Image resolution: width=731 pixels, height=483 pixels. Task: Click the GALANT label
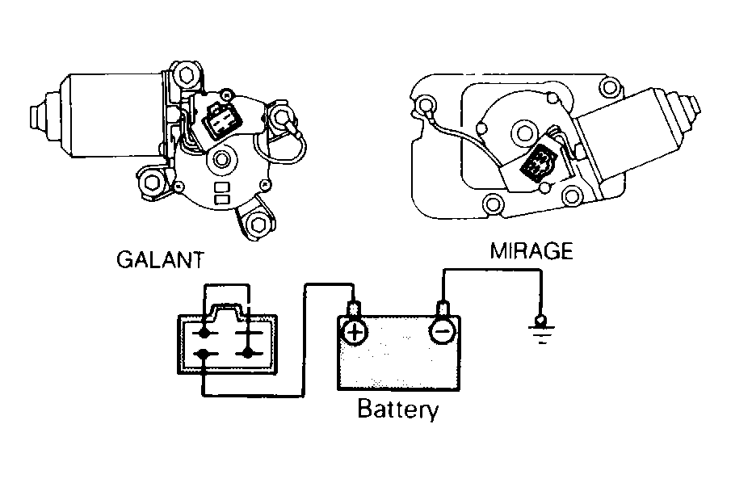click(x=161, y=260)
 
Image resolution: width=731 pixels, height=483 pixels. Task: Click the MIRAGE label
click(x=531, y=251)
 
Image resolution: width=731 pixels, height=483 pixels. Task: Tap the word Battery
click(x=397, y=409)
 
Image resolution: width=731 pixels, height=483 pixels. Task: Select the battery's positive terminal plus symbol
click(x=355, y=333)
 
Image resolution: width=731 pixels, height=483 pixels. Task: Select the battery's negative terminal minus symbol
click(x=442, y=332)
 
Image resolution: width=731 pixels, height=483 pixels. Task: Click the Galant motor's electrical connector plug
click(x=221, y=120)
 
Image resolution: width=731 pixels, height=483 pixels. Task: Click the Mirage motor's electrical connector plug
click(x=538, y=164)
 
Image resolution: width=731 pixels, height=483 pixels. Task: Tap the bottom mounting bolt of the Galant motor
click(x=256, y=225)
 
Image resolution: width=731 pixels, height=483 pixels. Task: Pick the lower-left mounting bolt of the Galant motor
click(x=151, y=183)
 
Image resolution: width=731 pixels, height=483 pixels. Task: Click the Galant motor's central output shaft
click(x=221, y=159)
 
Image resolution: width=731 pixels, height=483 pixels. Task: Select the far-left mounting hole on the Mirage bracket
click(x=425, y=105)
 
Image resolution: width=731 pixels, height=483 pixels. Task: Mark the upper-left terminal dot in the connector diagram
click(x=204, y=333)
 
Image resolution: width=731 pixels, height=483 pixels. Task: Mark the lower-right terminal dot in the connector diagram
click(x=247, y=354)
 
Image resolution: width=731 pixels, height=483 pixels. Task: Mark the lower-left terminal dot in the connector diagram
click(x=204, y=355)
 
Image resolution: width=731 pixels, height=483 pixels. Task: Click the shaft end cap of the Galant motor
click(x=38, y=116)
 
